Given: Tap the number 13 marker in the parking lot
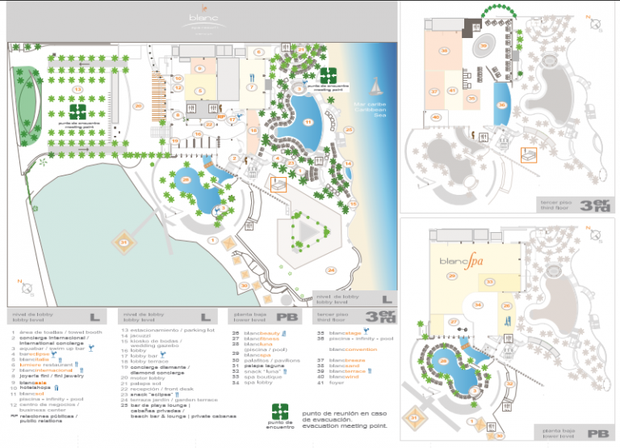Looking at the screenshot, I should (x=77, y=67).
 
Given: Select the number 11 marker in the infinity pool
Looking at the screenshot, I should (x=308, y=122).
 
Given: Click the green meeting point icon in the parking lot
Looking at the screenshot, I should (x=77, y=111).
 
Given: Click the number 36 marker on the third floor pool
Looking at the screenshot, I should (x=501, y=104).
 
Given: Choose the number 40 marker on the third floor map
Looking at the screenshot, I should (x=436, y=117).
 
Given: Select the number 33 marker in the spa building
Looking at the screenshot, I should (x=490, y=282).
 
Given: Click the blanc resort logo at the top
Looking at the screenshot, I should (x=198, y=20).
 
